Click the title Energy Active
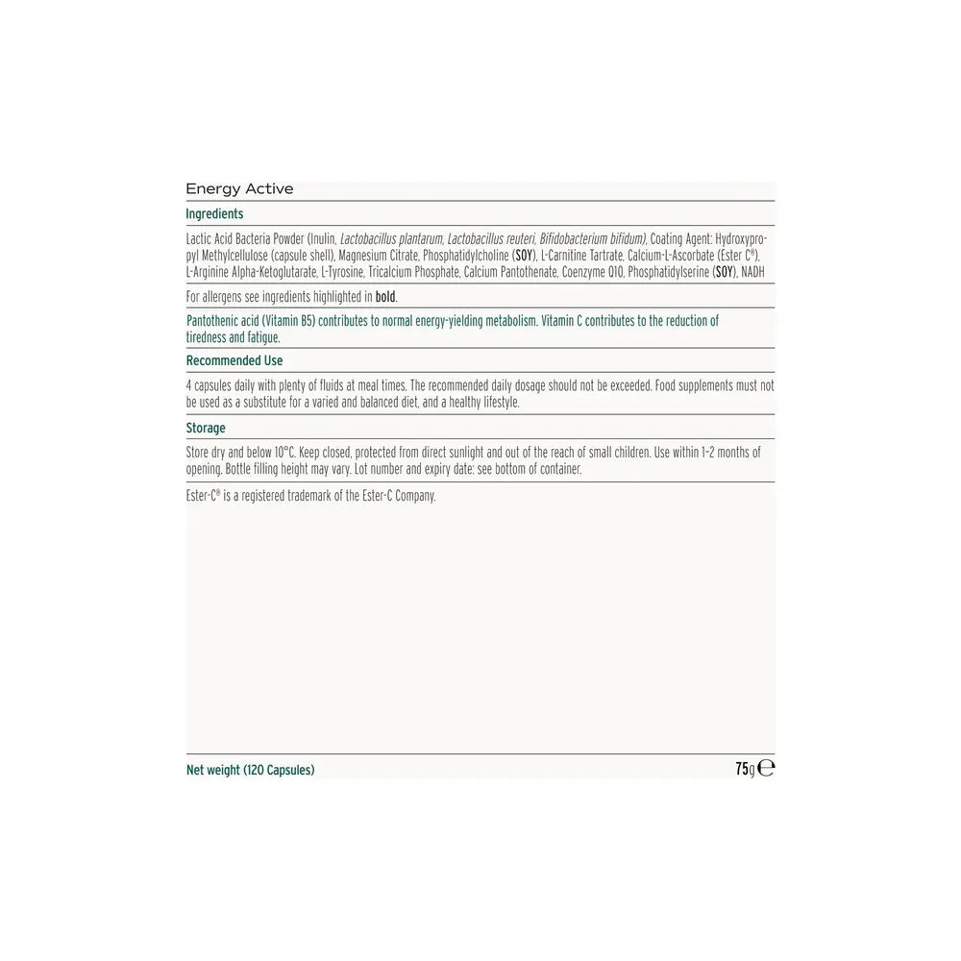click(x=239, y=189)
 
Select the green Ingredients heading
click(x=214, y=214)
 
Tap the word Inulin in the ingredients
click(x=322, y=238)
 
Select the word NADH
click(x=754, y=273)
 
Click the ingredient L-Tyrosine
click(x=341, y=273)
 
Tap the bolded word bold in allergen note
click(x=384, y=297)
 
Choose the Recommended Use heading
click(x=234, y=361)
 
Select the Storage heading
click(x=206, y=429)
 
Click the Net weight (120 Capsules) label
click(x=250, y=770)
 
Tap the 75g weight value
click(x=745, y=769)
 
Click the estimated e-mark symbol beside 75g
click(x=767, y=769)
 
